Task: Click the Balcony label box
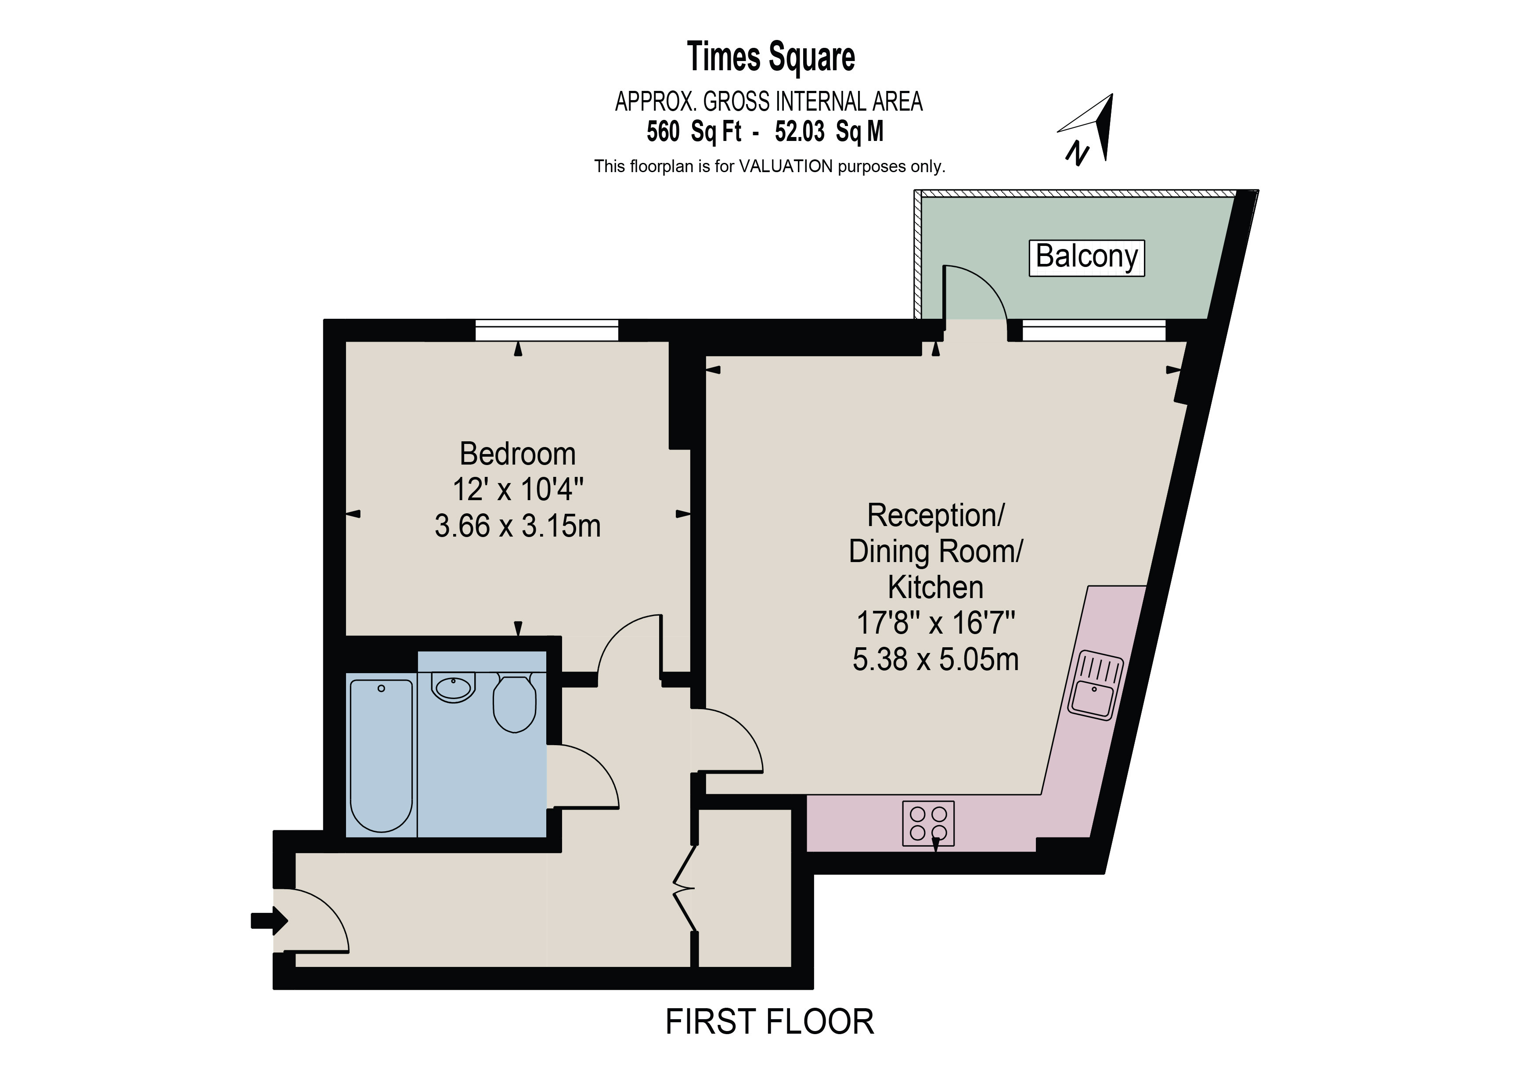coord(1086,258)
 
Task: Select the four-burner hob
coord(928,823)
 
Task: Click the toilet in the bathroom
coord(515,703)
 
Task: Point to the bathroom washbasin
coord(454,687)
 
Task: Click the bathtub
coord(381,755)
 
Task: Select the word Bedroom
coord(517,454)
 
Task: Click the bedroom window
coord(547,331)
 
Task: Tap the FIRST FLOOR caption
coord(769,1023)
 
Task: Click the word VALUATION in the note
coord(786,166)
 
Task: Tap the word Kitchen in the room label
coord(936,588)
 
